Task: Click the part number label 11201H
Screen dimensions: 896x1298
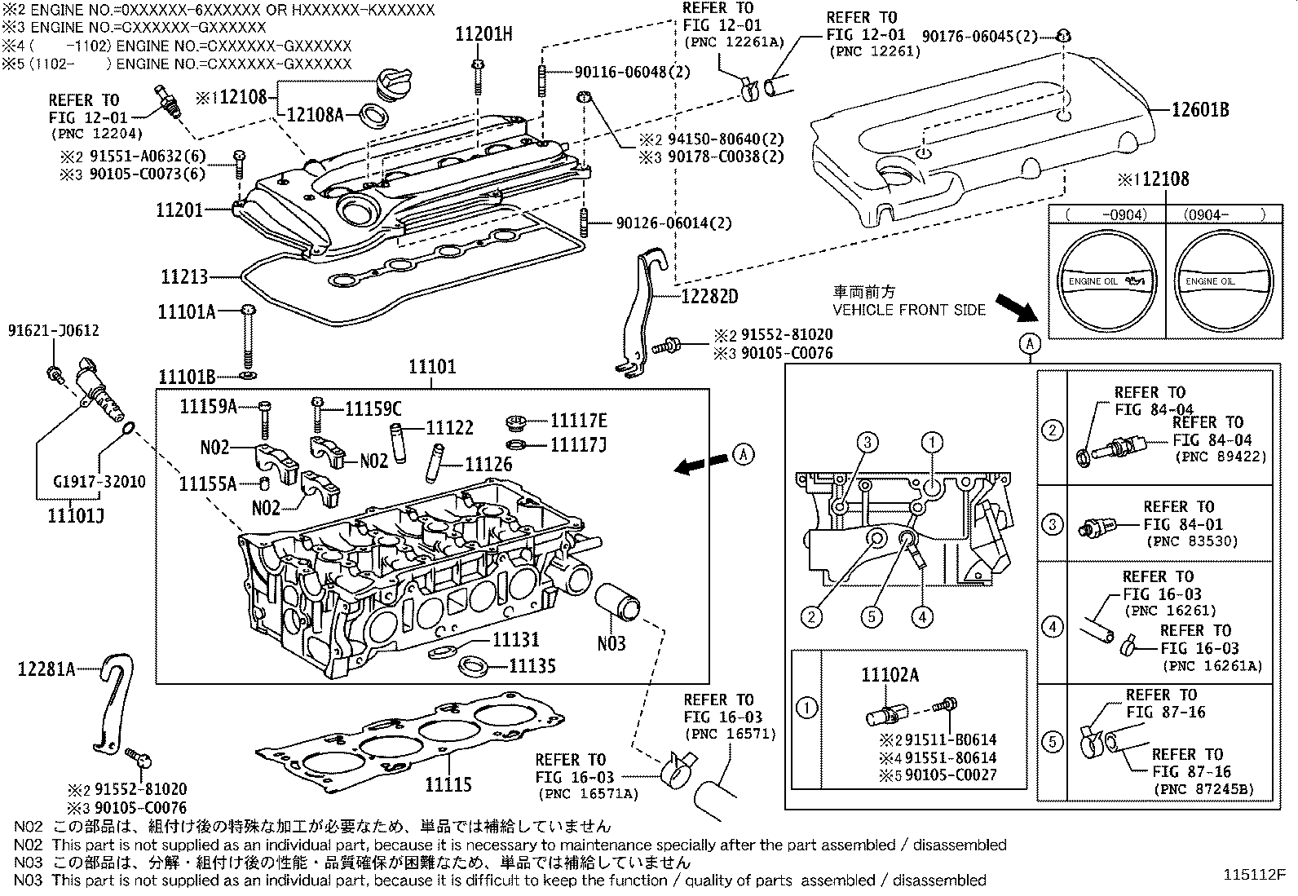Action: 483,34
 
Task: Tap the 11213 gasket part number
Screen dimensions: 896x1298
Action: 184,277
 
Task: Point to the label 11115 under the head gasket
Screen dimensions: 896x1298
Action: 448,784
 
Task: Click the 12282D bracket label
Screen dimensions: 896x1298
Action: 709,296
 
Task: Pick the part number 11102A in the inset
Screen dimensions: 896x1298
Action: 890,674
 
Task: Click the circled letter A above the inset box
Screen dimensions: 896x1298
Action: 1030,344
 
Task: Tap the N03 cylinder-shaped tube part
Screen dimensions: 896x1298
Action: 617,607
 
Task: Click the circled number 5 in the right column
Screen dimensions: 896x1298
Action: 1053,742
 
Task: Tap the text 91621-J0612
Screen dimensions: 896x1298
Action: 54,330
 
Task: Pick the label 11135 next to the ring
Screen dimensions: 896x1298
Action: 532,666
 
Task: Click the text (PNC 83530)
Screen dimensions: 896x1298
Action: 1191,541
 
